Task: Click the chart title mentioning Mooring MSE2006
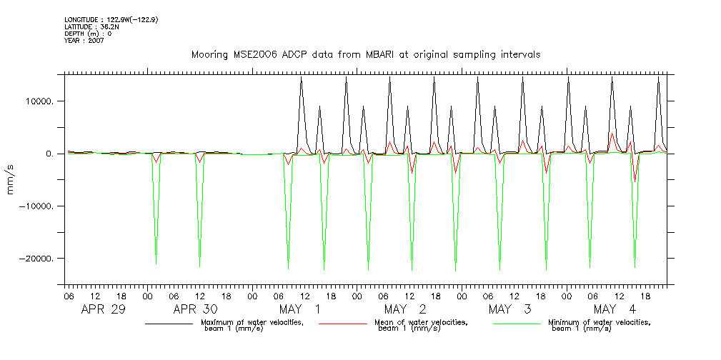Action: [365, 55]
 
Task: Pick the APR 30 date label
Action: [196, 309]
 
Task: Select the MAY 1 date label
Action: [301, 309]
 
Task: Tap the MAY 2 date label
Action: [405, 309]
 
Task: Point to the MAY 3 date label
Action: [510, 309]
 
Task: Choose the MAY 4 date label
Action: [615, 309]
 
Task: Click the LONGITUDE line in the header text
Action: [111, 20]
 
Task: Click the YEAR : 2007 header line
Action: [84, 41]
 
